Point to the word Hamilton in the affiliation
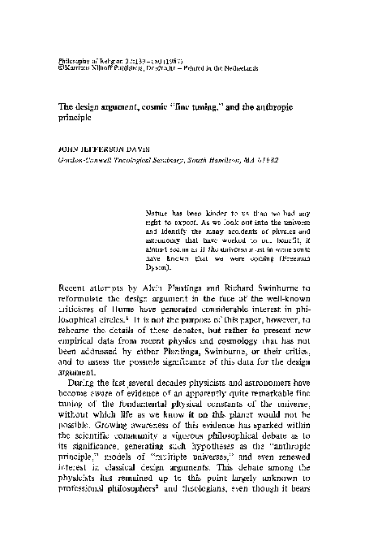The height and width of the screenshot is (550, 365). pos(238,159)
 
